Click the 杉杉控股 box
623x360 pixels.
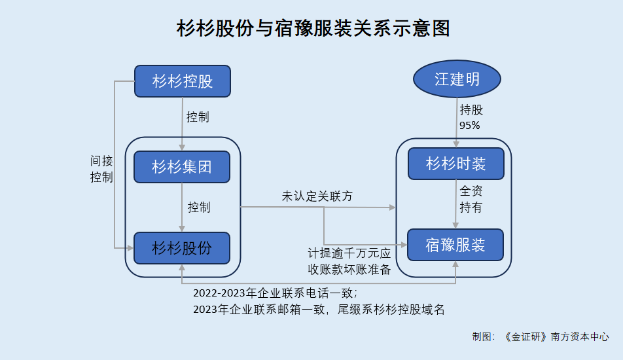click(183, 81)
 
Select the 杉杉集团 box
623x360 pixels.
click(182, 167)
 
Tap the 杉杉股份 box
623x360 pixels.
click(182, 248)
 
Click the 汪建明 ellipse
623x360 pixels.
click(457, 79)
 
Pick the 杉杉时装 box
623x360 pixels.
click(456, 164)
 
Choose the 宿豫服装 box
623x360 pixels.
click(455, 245)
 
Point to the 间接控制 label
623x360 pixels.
click(101, 169)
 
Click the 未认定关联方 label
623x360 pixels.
click(317, 196)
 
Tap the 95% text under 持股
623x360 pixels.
click(470, 126)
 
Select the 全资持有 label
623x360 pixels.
click(471, 199)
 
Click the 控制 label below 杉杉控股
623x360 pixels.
click(198, 117)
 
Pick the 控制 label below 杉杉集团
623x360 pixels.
click(199, 207)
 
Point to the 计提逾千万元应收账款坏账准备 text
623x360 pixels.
click(349, 261)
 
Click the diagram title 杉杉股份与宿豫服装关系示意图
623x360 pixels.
click(313, 28)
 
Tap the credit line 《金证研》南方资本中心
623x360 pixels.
click(556, 336)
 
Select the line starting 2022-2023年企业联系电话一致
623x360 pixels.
click(276, 293)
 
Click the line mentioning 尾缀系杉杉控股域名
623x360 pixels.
click(319, 310)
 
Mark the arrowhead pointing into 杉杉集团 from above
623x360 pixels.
click(182, 148)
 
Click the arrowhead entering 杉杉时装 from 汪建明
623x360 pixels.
click(456, 145)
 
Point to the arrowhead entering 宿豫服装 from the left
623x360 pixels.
click(404, 245)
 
